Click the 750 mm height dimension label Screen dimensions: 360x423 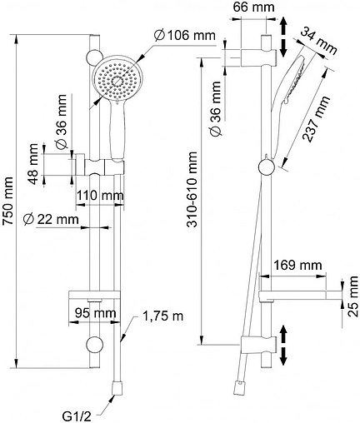click(7, 201)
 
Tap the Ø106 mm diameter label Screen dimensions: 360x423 click(185, 35)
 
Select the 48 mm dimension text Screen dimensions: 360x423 click(34, 164)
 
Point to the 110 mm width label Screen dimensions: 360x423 click(100, 196)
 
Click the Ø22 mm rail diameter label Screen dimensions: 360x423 click(51, 219)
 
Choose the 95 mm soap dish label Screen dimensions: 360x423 click(95, 313)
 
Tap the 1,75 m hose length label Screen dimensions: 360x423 click(162, 316)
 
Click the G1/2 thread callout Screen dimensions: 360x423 click(77, 416)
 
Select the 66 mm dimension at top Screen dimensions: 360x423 click(253, 7)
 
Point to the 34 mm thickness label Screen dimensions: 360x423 click(318, 41)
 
